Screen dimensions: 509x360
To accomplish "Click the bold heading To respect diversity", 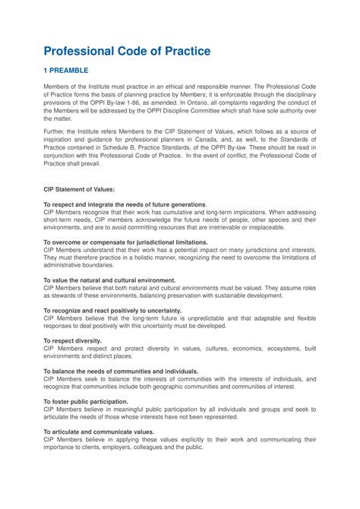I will (x=73, y=340).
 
